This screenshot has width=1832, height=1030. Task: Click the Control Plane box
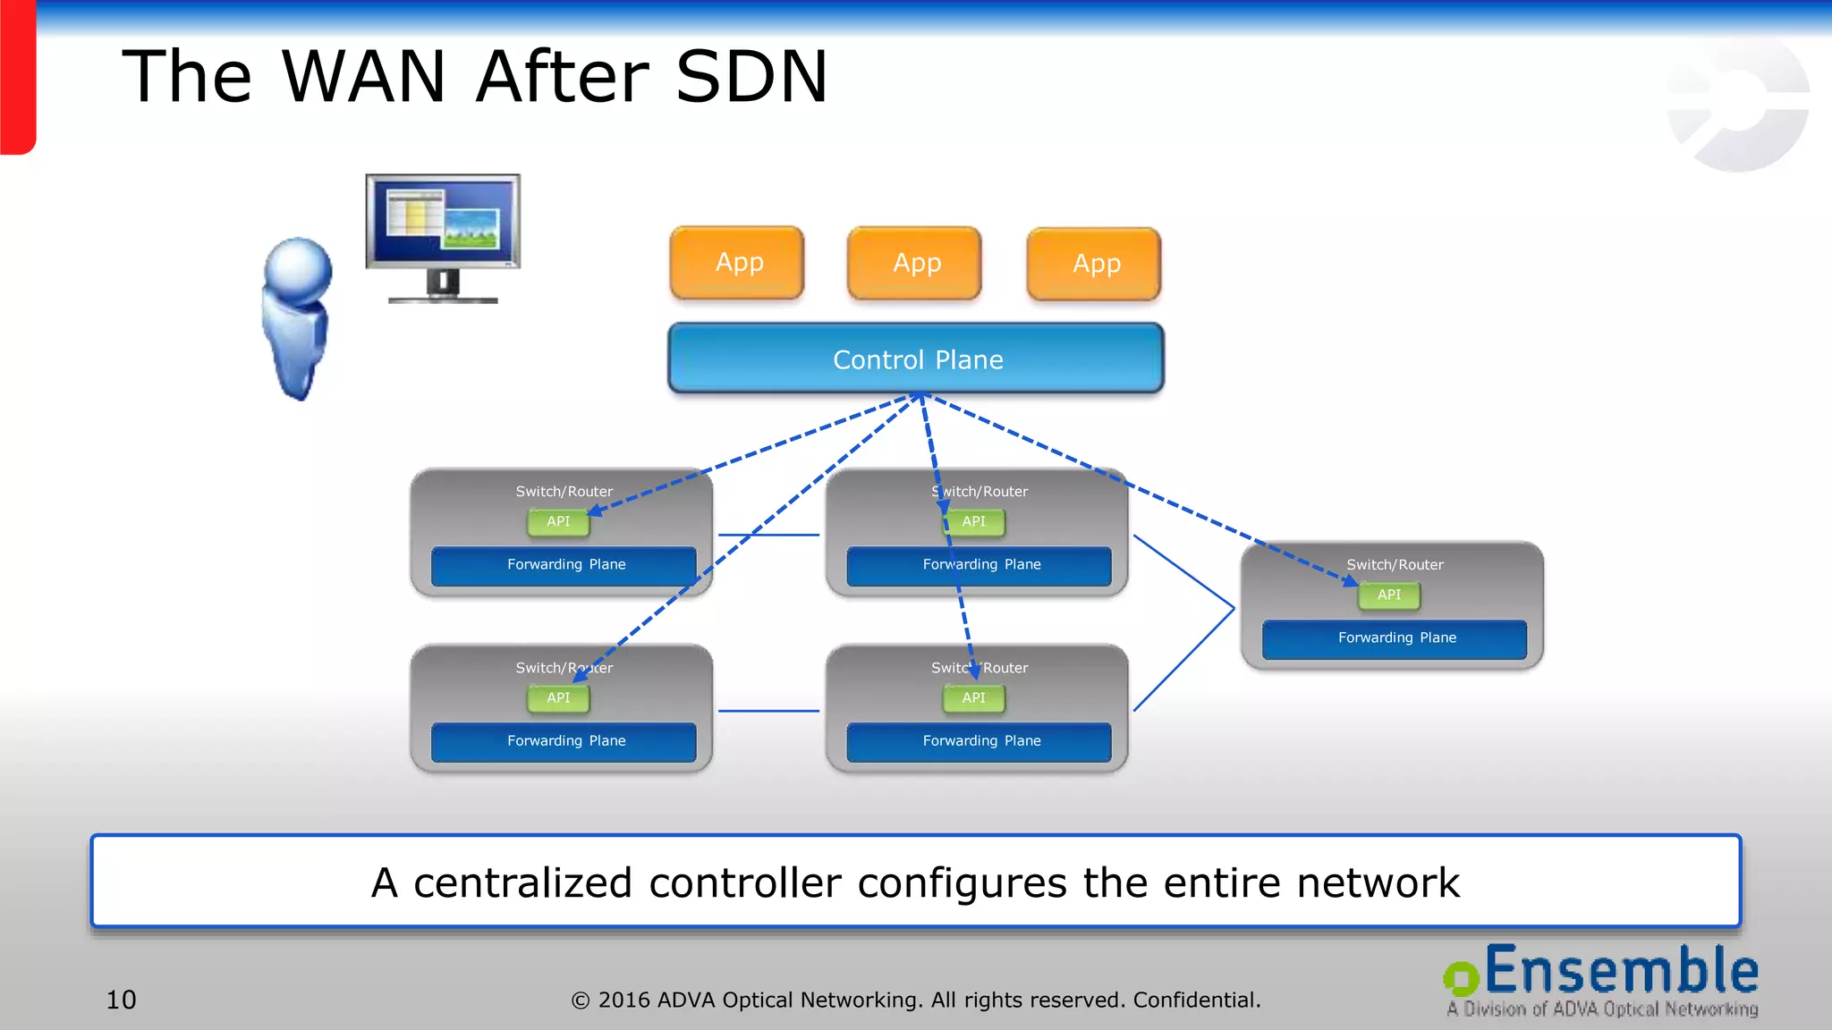916,359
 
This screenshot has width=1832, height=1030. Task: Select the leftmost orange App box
738,263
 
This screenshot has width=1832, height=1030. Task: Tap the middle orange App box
915,264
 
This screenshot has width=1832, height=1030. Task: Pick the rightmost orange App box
1094,265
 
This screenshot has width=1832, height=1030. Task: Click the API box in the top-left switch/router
558,521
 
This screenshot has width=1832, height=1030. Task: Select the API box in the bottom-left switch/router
558,697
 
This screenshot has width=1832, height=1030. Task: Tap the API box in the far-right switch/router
1388,595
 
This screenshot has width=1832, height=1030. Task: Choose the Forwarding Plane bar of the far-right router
1395,638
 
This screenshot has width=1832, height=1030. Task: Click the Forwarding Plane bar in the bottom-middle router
980,741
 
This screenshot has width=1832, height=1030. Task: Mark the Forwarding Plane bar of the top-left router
564,565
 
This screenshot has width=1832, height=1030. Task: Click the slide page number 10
122,1000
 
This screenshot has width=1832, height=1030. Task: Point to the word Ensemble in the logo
1621,972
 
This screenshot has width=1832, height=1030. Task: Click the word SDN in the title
752,77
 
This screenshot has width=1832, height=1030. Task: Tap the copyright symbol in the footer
581,1000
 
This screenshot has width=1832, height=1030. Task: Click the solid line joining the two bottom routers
768,711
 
